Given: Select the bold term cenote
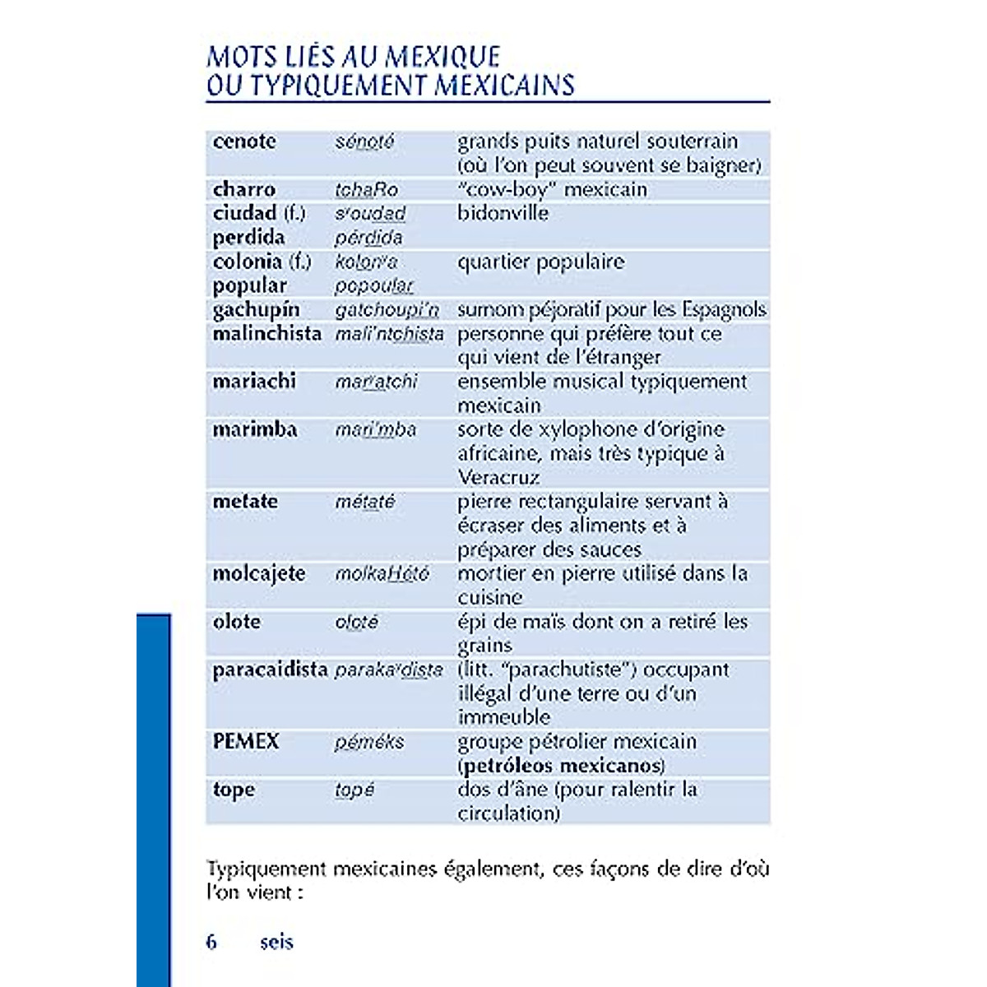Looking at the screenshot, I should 244,141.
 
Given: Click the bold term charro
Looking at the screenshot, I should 244,189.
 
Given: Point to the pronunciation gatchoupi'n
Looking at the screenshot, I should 387,310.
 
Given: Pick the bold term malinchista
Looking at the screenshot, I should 266,334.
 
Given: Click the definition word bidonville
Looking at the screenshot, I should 503,213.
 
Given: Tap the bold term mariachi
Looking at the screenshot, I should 254,382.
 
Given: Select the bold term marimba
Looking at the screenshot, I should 255,429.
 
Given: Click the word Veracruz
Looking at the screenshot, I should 498,478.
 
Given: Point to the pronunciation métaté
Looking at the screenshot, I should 365,502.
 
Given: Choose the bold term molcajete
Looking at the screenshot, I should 258,573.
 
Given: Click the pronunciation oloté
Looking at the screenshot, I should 356,622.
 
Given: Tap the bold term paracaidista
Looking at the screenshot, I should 270,670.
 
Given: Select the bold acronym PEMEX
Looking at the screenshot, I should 246,742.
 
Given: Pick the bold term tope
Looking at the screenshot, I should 234,790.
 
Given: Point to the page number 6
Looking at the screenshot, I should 212,942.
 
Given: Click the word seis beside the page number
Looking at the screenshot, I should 276,942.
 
